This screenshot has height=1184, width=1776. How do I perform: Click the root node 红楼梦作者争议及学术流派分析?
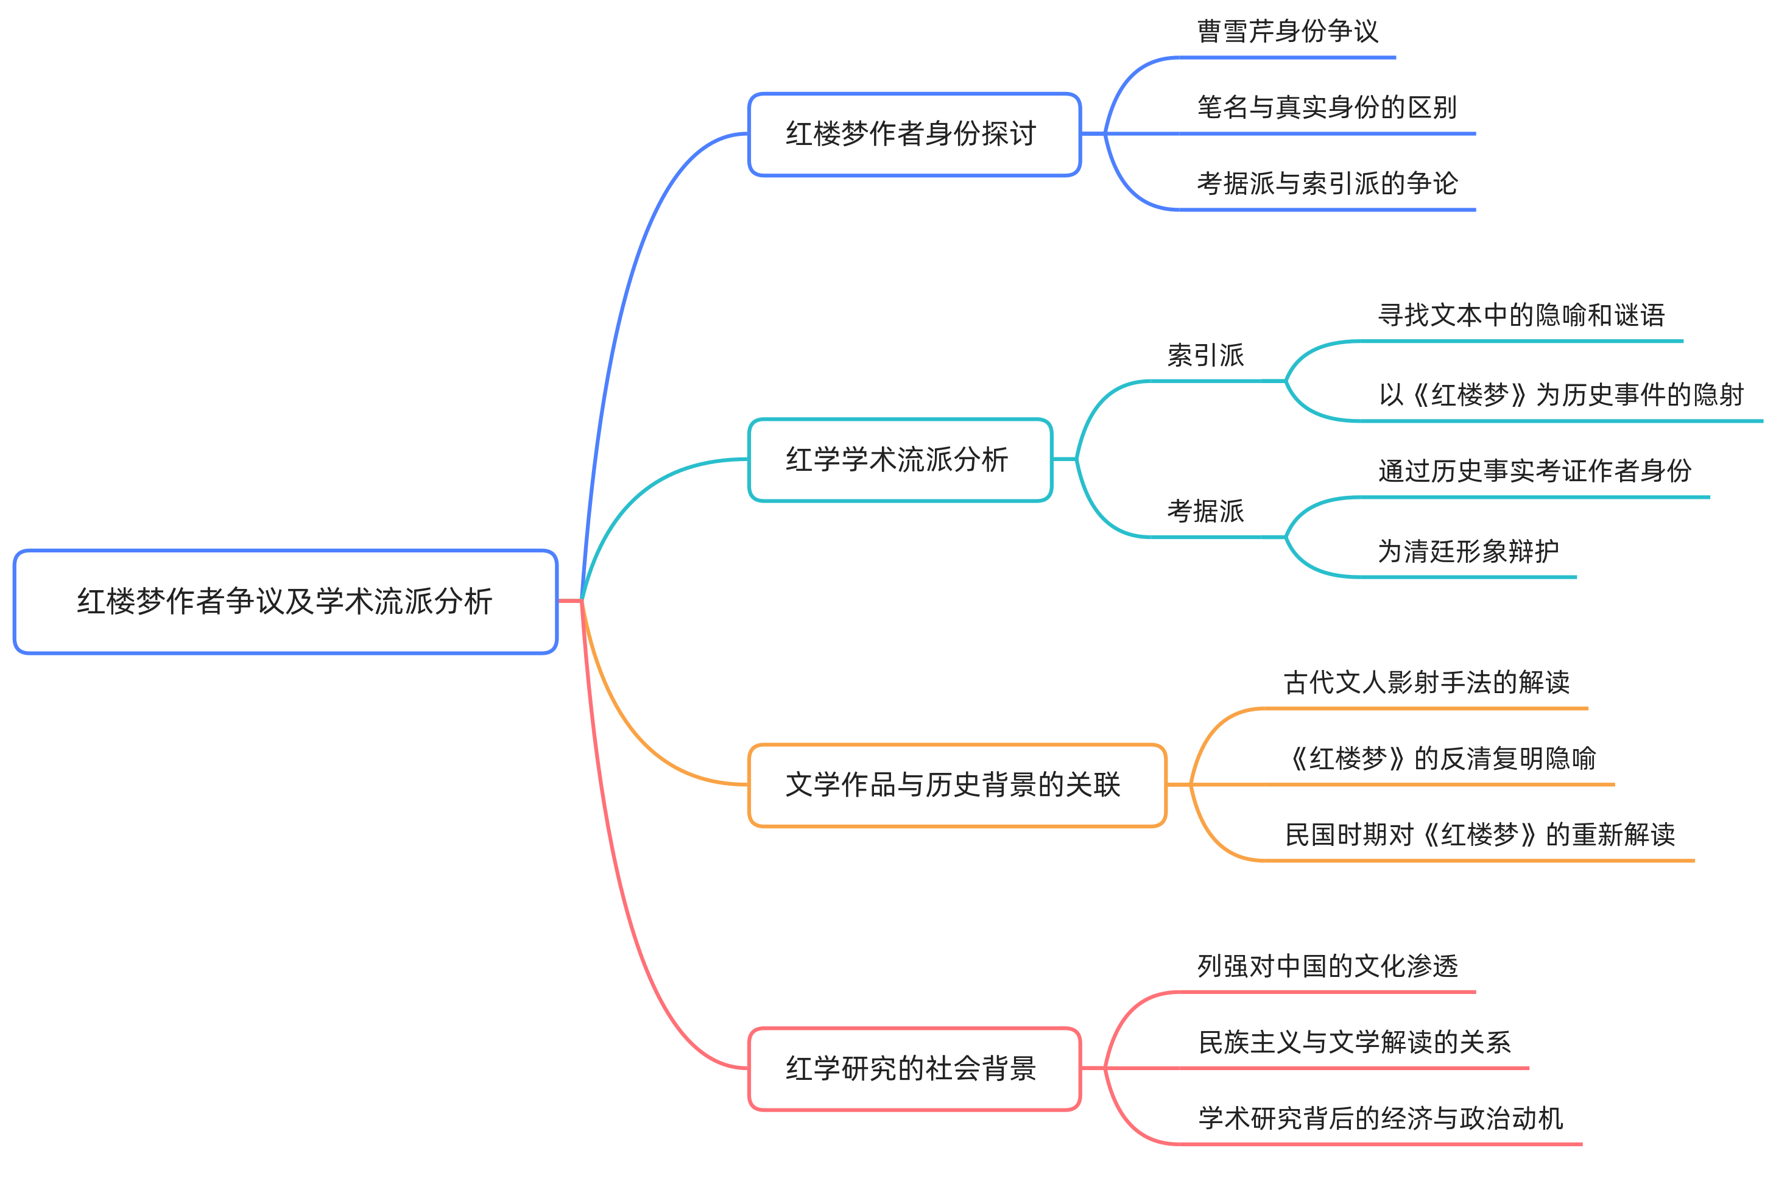click(x=286, y=602)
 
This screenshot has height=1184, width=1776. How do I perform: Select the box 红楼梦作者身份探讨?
click(x=914, y=135)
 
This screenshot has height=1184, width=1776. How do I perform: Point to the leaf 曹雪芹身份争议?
click(x=1288, y=32)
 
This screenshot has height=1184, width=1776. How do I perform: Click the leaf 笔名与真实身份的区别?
click(x=1327, y=107)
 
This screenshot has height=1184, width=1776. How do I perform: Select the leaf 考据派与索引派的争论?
click(x=1327, y=183)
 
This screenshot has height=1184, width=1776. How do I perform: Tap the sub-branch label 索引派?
click(x=1205, y=356)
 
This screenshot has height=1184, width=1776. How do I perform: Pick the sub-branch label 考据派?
click(x=1205, y=511)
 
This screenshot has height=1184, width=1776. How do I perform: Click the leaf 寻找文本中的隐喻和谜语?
click(x=1521, y=315)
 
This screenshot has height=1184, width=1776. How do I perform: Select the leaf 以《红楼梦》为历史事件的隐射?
click(x=1561, y=395)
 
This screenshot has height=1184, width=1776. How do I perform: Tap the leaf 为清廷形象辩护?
click(x=1468, y=551)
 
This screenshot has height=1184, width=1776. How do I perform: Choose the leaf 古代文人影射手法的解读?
click(x=1426, y=683)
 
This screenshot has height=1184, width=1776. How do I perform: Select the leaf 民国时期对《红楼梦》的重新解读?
click(x=1479, y=835)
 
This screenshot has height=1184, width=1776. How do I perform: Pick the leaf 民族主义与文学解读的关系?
click(x=1354, y=1043)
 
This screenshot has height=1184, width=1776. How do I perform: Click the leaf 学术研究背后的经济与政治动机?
click(x=1380, y=1119)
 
